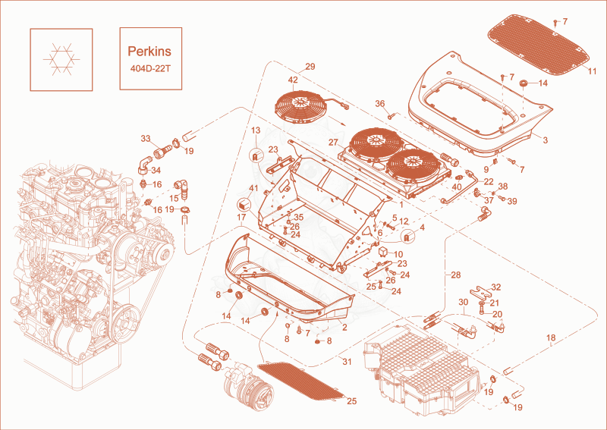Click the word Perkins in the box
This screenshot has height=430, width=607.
[149, 52]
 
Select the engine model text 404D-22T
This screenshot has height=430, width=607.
[150, 69]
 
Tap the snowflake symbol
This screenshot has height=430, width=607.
[61, 60]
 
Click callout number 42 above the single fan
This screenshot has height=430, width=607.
[293, 80]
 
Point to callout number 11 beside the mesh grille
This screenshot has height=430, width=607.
[592, 71]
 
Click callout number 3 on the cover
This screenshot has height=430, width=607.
[545, 140]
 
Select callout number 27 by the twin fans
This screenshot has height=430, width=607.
[333, 143]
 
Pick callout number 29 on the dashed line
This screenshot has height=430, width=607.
[310, 67]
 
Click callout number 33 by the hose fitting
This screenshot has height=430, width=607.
[146, 138]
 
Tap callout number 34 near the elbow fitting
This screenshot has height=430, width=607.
[156, 171]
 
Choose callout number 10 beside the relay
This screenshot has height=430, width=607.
[398, 255]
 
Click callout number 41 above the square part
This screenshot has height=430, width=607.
[253, 189]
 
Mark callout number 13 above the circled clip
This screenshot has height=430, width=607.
[256, 130]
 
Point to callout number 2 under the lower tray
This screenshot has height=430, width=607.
[344, 328]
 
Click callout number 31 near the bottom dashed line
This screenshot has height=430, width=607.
[347, 362]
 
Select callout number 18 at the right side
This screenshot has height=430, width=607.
[551, 338]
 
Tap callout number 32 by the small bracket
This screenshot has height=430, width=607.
[496, 287]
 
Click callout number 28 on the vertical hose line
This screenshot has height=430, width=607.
[456, 275]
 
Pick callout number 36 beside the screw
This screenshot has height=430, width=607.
[380, 104]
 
